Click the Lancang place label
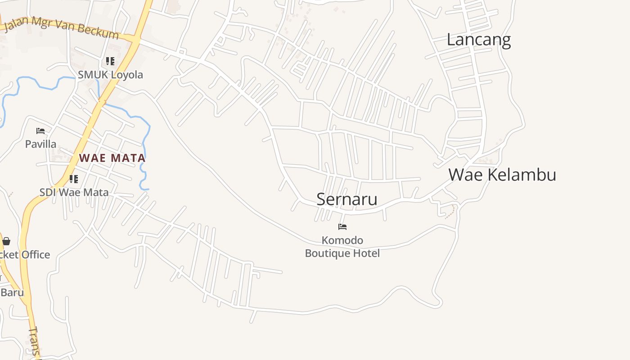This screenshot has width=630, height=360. click(x=478, y=40)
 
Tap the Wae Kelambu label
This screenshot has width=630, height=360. click(x=502, y=175)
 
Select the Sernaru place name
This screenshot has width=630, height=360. click(x=346, y=199)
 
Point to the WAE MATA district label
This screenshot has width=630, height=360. click(x=112, y=158)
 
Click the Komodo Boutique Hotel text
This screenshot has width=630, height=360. click(x=342, y=247)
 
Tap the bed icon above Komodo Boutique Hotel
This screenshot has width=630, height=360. click(x=342, y=226)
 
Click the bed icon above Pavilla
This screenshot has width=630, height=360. click(x=40, y=131)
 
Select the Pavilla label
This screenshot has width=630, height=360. click(x=40, y=144)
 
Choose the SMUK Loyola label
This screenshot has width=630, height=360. click(x=110, y=75)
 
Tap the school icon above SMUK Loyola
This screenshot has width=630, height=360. click(x=110, y=61)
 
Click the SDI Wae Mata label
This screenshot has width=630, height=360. click(x=74, y=193)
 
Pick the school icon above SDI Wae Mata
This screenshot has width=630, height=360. click(x=74, y=179)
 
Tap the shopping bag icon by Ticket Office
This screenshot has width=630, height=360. click(x=6, y=241)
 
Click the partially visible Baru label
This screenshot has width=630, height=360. click(x=12, y=292)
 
